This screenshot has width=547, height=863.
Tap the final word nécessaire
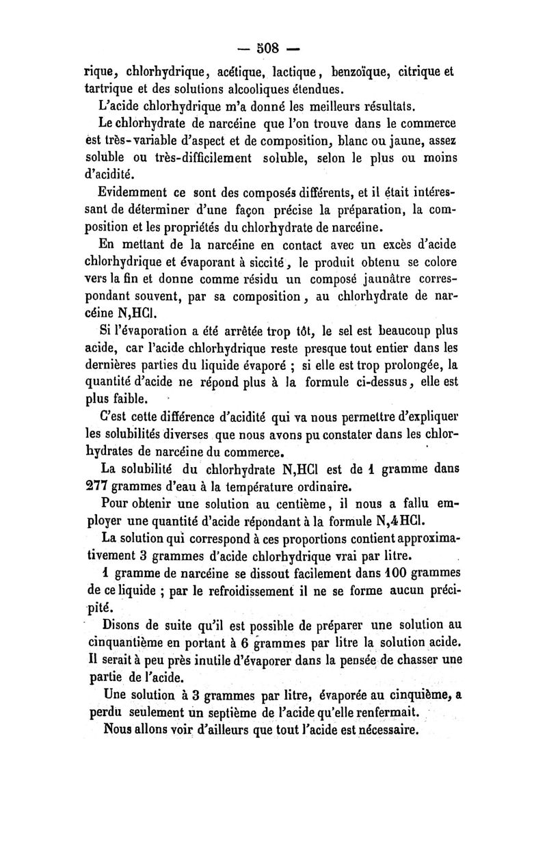coord(384,730)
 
